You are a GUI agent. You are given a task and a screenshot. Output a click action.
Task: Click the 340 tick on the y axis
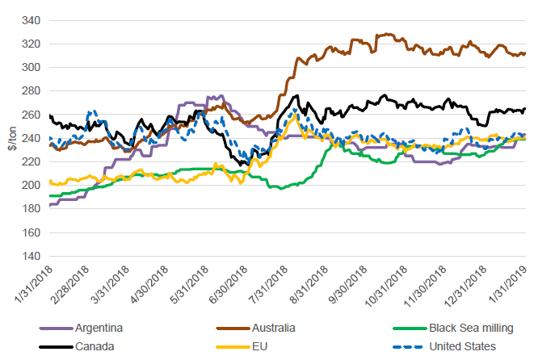click(x=32, y=20)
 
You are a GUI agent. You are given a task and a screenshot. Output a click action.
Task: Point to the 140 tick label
click(x=32, y=256)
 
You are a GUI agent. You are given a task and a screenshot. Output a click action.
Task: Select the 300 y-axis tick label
click(x=32, y=67)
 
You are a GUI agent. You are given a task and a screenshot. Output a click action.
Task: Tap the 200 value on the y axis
click(x=32, y=185)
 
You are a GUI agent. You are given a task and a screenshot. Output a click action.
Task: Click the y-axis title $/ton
click(x=11, y=137)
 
